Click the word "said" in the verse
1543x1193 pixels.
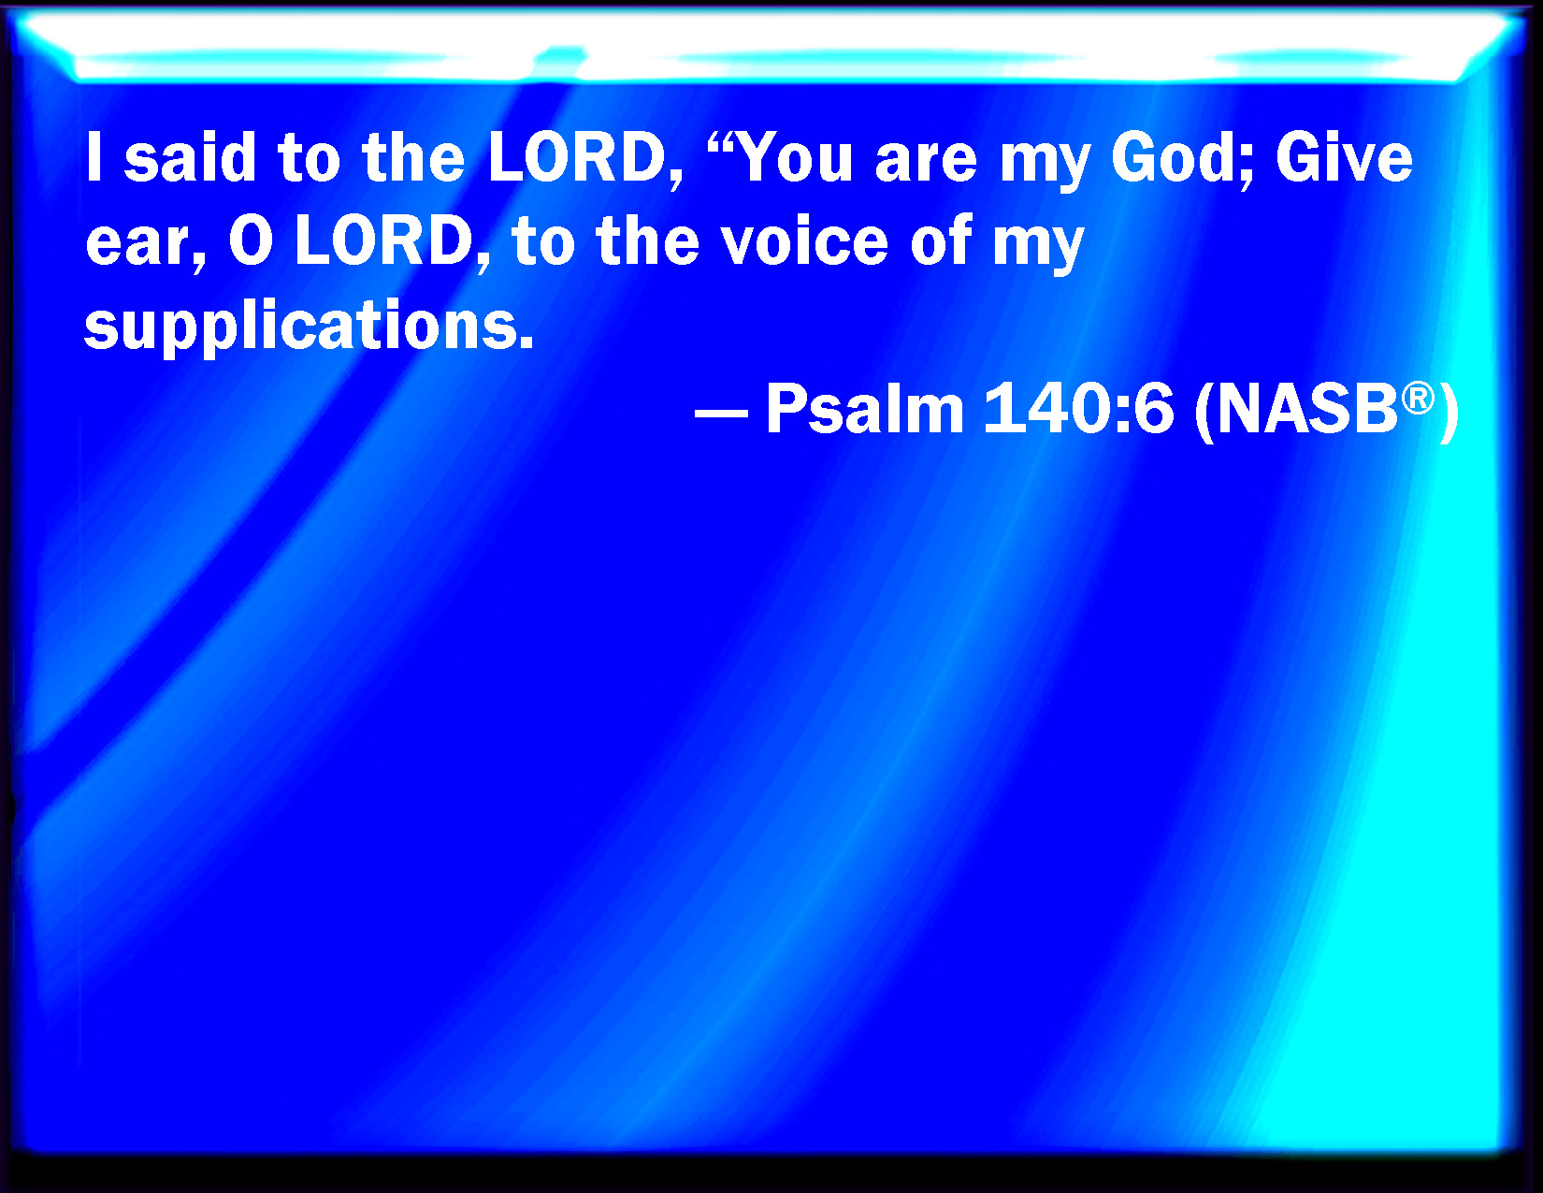pyautogui.click(x=190, y=157)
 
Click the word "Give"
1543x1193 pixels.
pyautogui.click(x=1344, y=157)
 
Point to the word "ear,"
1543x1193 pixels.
pyautogui.click(x=146, y=243)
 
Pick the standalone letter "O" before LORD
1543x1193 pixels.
pyautogui.click(x=251, y=240)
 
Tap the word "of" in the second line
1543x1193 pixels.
pyautogui.click(x=941, y=240)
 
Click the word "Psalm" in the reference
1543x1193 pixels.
pyautogui.click(x=865, y=409)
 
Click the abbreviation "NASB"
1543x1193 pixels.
pyautogui.click(x=1307, y=409)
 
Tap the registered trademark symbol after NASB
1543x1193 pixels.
pyautogui.click(x=1418, y=398)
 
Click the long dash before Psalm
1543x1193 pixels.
pyautogui.click(x=721, y=412)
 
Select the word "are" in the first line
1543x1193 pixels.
pyautogui.click(x=926, y=164)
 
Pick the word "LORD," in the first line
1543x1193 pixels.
pyautogui.click(x=585, y=159)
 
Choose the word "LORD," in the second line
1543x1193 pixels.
pyautogui.click(x=392, y=243)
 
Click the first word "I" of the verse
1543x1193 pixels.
pyautogui.click(x=93, y=157)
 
